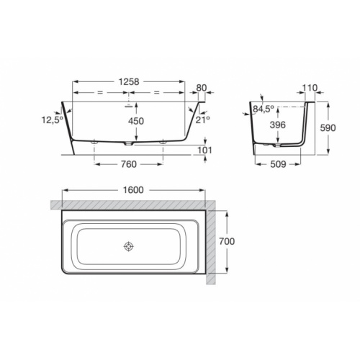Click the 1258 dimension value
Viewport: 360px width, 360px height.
click(129, 82)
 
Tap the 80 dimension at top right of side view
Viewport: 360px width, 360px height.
click(202, 88)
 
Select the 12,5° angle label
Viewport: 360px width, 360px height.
click(53, 120)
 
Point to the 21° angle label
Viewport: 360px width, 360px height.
click(203, 120)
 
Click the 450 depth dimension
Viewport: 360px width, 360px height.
click(136, 121)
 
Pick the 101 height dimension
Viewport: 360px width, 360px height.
click(204, 150)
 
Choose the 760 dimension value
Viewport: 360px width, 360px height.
click(129, 164)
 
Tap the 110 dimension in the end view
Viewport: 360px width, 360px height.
click(310, 88)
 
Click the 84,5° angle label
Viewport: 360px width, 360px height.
click(264, 109)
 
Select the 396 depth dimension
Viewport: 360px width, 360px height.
click(278, 125)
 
